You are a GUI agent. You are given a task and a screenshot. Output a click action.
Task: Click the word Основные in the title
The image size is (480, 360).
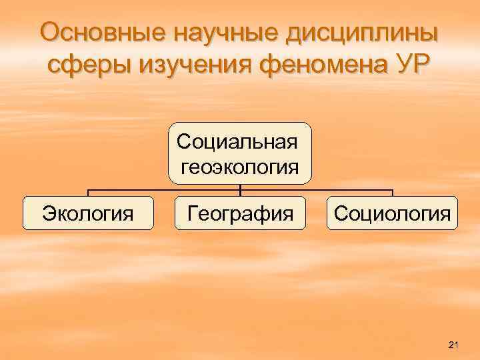97,32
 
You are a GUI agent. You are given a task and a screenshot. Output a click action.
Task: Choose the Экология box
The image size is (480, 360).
88,213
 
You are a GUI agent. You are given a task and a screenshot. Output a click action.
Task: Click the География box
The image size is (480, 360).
240,213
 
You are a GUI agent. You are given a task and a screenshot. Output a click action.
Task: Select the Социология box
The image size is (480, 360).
392,213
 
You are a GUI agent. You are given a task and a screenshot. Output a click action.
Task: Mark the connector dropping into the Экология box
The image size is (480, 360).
88,192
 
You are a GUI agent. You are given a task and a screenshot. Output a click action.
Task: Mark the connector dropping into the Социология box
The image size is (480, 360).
393,192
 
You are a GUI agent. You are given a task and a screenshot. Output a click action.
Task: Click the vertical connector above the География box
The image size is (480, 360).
240,189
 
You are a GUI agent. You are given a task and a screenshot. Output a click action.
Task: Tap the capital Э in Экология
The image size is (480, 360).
48,213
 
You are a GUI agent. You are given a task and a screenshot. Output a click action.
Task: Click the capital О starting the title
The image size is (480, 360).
51,32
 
